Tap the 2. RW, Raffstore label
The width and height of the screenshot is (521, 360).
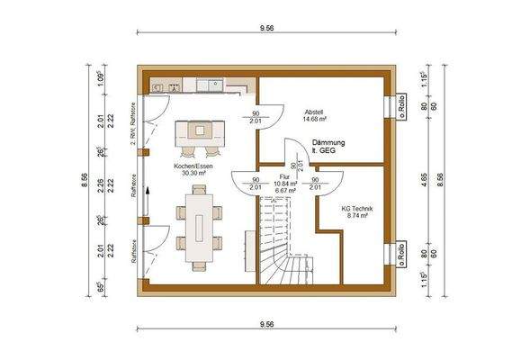coord(132,126)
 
